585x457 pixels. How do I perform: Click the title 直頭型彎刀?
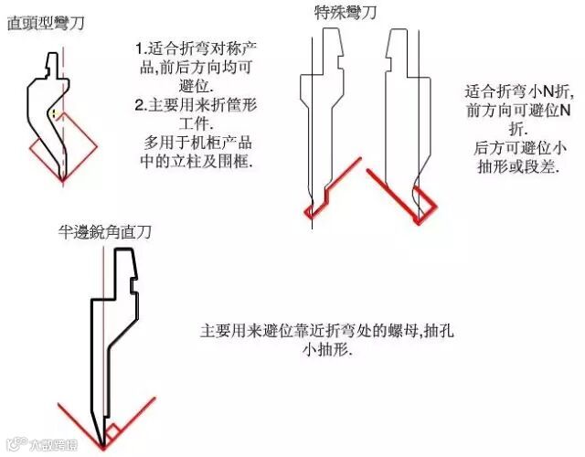pyautogui.click(x=46, y=22)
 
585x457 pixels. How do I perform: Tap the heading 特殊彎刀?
pyautogui.click(x=344, y=12)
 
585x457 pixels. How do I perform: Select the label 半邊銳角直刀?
pyautogui.click(x=103, y=232)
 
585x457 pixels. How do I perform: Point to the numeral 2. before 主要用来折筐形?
pyautogui.click(x=140, y=104)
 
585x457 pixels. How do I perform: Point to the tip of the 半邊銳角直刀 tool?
pyautogui.click(x=102, y=445)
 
